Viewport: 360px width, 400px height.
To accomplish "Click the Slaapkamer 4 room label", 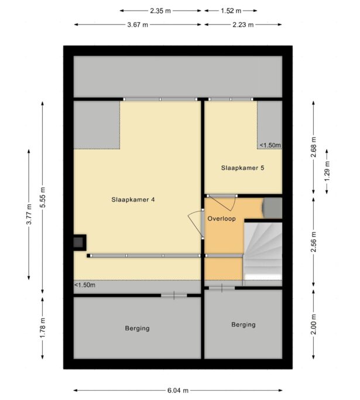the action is tap(133, 200).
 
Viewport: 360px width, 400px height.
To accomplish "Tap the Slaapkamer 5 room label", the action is tap(242, 168).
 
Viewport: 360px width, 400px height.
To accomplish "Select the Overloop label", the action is tap(221, 218).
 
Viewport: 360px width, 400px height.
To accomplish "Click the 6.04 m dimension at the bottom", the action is tap(178, 390).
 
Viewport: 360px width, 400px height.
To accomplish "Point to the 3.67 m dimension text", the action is tap(138, 25).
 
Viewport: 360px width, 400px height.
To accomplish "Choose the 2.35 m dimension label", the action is tap(160, 11).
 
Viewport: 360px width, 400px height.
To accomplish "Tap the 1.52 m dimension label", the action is tap(231, 11).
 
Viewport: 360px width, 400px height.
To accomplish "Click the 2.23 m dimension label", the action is tap(243, 25).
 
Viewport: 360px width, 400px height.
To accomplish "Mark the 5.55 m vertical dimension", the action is tap(43, 197).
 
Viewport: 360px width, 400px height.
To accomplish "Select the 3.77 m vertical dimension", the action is tap(29, 214).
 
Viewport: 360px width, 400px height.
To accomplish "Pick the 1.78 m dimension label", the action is tap(43, 328).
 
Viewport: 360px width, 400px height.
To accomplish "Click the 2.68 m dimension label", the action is tap(314, 147).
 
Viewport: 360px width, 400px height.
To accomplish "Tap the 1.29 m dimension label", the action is tap(327, 172).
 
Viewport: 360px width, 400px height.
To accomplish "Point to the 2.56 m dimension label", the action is tap(314, 242).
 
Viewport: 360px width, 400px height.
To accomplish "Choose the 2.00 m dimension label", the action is tap(314, 324).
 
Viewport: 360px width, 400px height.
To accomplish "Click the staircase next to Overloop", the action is tap(263, 251).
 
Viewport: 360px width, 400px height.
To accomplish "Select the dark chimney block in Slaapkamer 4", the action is tap(80, 242).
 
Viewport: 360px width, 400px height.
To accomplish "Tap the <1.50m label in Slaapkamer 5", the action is tap(270, 145).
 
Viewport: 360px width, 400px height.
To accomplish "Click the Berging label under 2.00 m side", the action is tap(244, 324).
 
